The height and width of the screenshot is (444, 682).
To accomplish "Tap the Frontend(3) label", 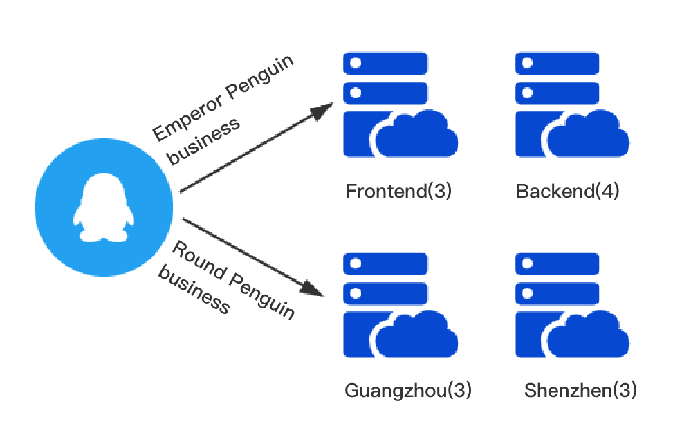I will [398, 192].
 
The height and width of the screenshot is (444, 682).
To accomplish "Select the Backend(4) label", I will [567, 192].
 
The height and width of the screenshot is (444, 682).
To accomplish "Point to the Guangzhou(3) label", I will [408, 391].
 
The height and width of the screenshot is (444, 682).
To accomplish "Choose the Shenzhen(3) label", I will [580, 391].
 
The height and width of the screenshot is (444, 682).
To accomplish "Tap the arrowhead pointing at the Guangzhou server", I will [315, 288].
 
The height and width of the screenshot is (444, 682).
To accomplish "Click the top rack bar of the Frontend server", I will [386, 62].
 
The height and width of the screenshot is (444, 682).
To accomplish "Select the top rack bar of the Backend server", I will [557, 62].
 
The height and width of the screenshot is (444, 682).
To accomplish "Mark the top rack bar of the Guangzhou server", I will [386, 263].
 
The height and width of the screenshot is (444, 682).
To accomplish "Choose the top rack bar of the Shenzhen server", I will [557, 263].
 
